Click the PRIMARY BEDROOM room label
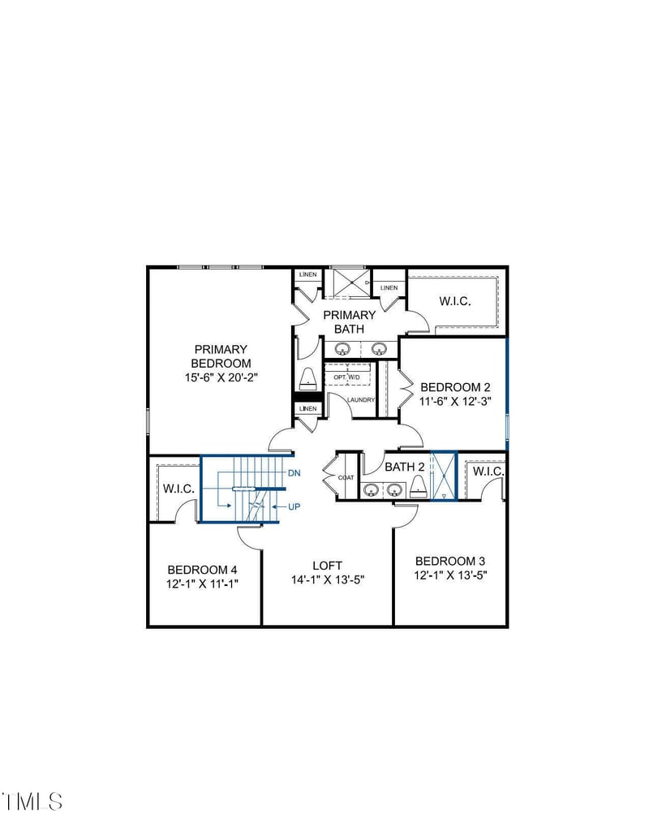point(221,356)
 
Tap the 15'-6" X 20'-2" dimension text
point(221,377)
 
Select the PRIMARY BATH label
point(350,321)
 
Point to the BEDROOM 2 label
point(455,387)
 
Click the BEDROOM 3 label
point(450,561)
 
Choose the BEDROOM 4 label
point(203,569)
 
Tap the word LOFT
point(328,565)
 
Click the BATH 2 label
point(405,467)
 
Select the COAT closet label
point(346,477)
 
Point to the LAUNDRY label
point(360,400)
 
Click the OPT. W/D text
point(346,377)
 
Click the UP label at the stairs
point(295,506)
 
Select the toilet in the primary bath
point(308,379)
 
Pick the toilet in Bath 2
point(419,486)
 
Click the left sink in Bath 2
point(372,489)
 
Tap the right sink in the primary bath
point(379,349)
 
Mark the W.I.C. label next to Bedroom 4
point(177,489)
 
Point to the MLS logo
point(32,801)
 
